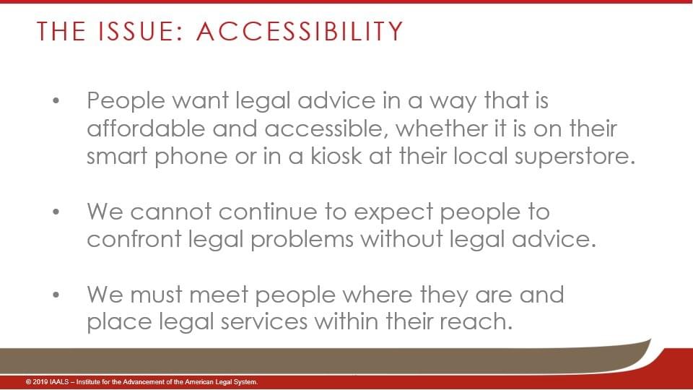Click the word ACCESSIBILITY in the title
pos(300,31)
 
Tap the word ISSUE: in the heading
pos(141,31)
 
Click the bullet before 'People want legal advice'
pos(56,101)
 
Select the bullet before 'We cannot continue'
pos(56,212)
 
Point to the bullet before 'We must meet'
pos(56,295)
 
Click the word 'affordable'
pos(147,129)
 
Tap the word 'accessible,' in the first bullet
pos(326,129)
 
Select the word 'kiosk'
pos(336,156)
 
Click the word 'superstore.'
pos(575,157)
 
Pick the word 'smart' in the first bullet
pos(117,157)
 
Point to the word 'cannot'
pos(170,212)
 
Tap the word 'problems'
pos(302,240)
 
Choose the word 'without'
pos(402,239)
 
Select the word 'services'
pos(264,321)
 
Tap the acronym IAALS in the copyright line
pos(60,381)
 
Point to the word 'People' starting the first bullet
pos(126,101)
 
